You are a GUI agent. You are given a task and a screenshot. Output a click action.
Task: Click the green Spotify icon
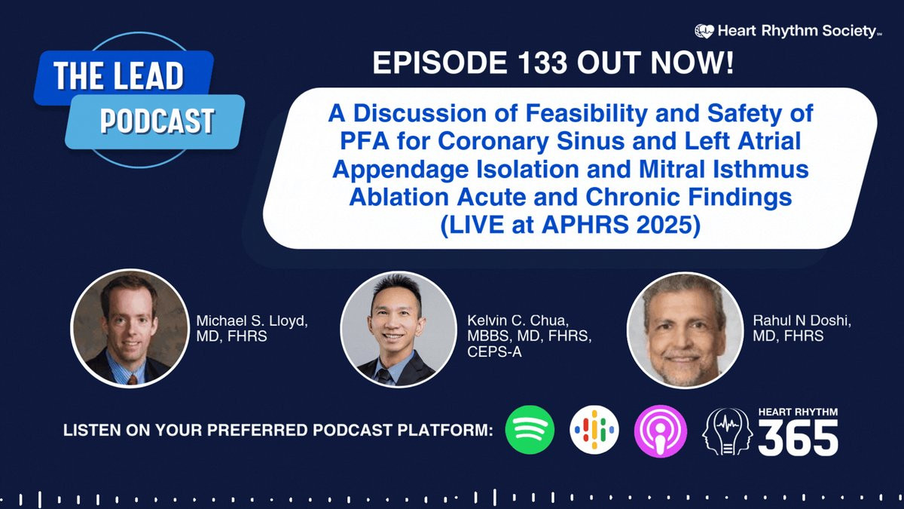pyautogui.click(x=530, y=430)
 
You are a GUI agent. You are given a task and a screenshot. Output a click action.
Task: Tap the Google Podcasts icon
pyautogui.click(x=594, y=430)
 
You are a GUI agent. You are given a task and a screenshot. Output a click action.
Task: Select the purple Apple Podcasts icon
pyautogui.click(x=660, y=431)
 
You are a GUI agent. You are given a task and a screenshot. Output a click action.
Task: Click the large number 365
pyautogui.click(x=798, y=438)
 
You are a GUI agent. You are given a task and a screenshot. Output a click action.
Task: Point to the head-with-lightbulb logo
pyautogui.click(x=727, y=431)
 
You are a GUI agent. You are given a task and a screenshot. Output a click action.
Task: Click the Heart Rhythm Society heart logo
pyautogui.click(x=704, y=31)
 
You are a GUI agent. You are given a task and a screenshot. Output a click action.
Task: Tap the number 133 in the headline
pyautogui.click(x=542, y=63)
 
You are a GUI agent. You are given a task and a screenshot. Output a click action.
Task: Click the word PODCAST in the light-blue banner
pyautogui.click(x=157, y=121)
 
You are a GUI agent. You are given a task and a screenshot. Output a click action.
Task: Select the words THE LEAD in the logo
pyautogui.click(x=119, y=75)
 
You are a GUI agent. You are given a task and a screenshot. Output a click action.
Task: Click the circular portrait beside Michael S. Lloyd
pyautogui.click(x=130, y=329)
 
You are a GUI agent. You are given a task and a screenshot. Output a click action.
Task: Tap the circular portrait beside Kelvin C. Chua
pyautogui.click(x=399, y=329)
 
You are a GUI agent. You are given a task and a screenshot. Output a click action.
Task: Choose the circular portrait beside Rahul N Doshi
pyautogui.click(x=685, y=330)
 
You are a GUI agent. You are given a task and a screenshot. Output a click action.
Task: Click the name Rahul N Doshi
pyautogui.click(x=802, y=320)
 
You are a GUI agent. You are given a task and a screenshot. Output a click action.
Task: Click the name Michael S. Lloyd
pyautogui.click(x=252, y=321)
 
